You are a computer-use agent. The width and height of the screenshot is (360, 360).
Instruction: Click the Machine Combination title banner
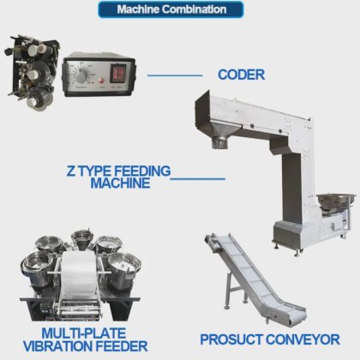click(x=171, y=9)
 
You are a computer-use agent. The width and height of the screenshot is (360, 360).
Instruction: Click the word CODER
click(x=242, y=75)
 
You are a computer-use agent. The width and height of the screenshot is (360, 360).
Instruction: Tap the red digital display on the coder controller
click(x=118, y=73)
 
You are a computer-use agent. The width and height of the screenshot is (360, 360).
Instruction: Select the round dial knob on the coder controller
click(x=82, y=76)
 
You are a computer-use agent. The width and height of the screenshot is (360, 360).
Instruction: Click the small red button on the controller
click(x=101, y=81)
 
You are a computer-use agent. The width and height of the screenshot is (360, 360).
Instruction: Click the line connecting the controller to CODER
click(x=175, y=75)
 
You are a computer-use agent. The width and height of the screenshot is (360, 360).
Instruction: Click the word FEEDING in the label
click(x=142, y=171)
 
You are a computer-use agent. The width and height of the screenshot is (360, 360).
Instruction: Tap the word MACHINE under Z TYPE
click(x=120, y=183)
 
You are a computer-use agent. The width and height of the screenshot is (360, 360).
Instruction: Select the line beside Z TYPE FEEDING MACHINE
click(x=197, y=179)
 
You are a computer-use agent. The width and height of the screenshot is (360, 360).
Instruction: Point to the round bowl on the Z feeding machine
click(x=336, y=201)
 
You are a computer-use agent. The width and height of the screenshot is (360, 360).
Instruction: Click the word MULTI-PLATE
click(x=84, y=333)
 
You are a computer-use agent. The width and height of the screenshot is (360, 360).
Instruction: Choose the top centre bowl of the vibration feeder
click(x=82, y=238)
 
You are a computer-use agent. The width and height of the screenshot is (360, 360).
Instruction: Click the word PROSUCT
click(x=231, y=339)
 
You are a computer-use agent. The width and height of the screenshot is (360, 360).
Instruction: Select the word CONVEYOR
click(x=303, y=339)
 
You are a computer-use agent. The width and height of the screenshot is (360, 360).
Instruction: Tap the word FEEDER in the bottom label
click(x=120, y=346)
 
